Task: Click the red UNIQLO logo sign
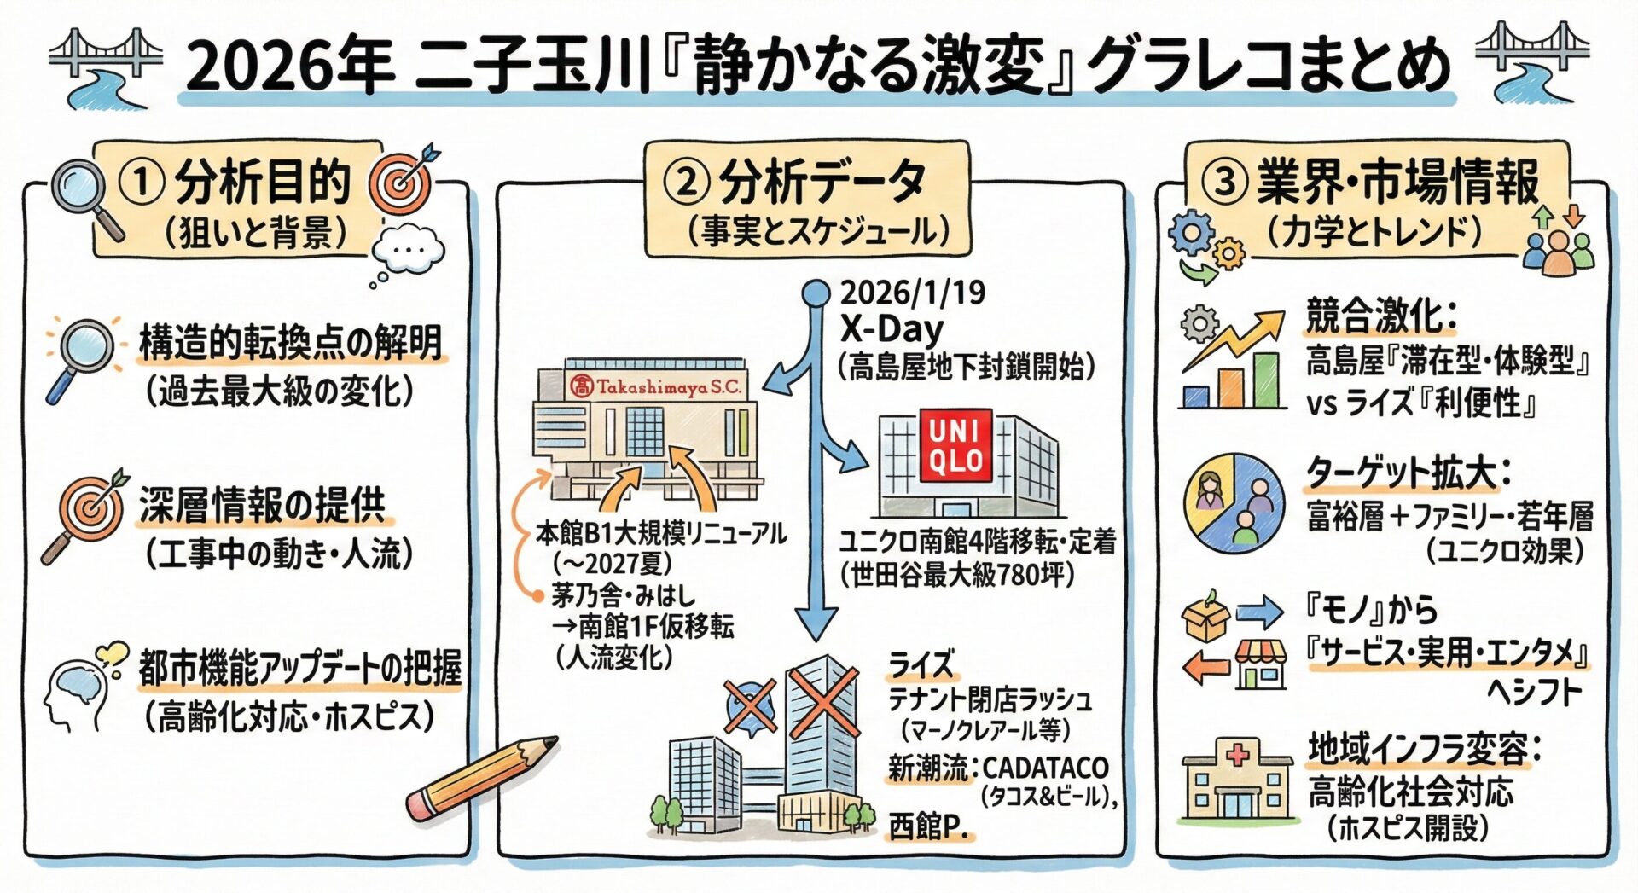coord(955,444)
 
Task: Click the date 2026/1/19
coord(912,293)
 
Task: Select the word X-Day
coord(892,328)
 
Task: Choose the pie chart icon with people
coord(1234,504)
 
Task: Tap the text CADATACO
coord(1045,767)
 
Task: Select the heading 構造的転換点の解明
coord(291,343)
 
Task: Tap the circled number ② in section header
coord(686,182)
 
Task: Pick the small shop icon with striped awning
coord(1261,666)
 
